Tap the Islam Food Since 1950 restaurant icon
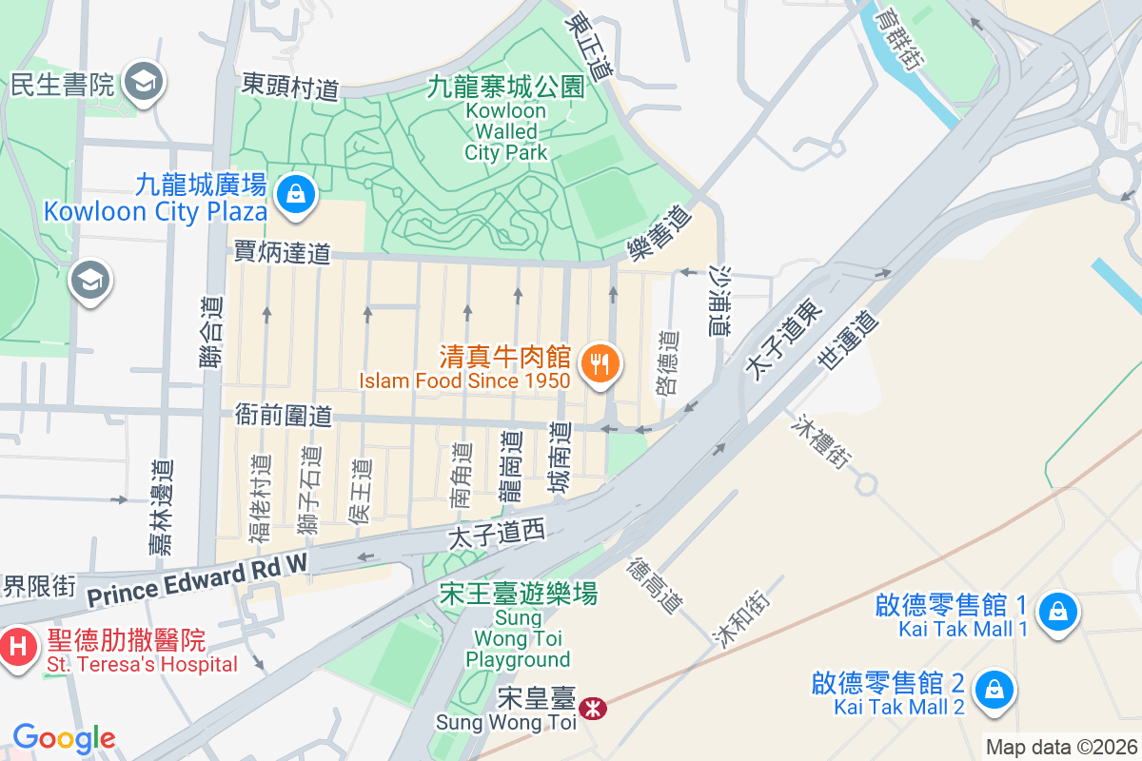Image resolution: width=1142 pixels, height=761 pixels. [x=601, y=363]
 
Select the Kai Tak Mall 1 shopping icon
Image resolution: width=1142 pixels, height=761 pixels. [x=1057, y=611]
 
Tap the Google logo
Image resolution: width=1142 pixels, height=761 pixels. [x=64, y=737]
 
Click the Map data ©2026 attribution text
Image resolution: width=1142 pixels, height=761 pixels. [x=1061, y=747]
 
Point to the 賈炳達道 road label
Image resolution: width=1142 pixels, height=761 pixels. [x=283, y=252]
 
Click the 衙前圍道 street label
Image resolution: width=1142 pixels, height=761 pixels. [x=284, y=416]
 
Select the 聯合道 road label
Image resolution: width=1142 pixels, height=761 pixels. [x=215, y=331]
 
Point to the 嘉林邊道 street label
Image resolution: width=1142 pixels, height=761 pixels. [x=162, y=507]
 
